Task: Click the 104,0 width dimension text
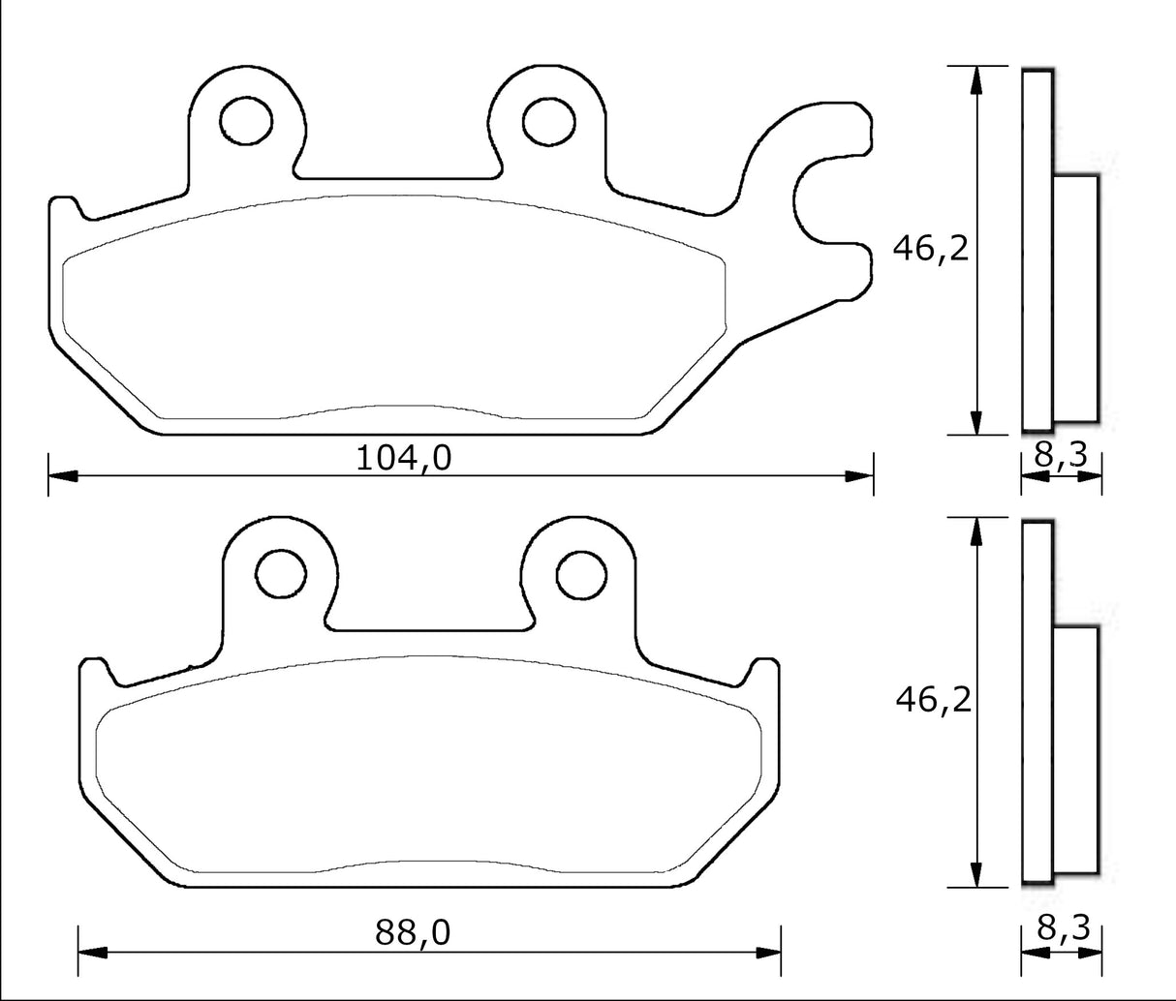pyautogui.click(x=404, y=456)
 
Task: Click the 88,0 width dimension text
pyautogui.click(x=413, y=932)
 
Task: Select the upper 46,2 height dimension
pyautogui.click(x=930, y=249)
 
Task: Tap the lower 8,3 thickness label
pyautogui.click(x=1063, y=928)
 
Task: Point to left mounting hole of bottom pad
pyautogui.click(x=280, y=570)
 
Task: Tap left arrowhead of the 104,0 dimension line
pyautogui.click(x=61, y=475)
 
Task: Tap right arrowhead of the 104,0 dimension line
pyautogui.click(x=860, y=475)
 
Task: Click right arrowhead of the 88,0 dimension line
pyautogui.click(x=768, y=954)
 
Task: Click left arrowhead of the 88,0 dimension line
pyautogui.click(x=90, y=954)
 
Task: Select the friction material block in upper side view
pyautogui.click(x=1075, y=298)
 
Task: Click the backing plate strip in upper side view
pyautogui.click(x=1037, y=249)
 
